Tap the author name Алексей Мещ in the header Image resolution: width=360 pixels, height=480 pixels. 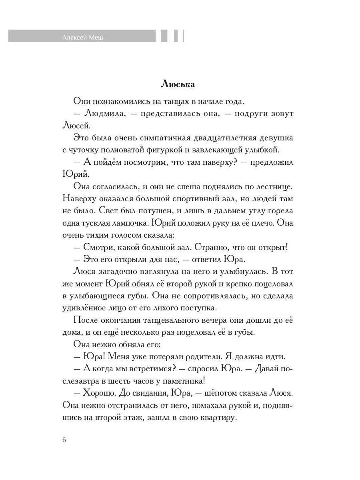(83, 38)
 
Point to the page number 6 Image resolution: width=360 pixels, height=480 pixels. (64, 440)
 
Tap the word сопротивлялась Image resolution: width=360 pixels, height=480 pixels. (199, 296)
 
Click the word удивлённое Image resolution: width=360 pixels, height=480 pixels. (85, 308)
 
